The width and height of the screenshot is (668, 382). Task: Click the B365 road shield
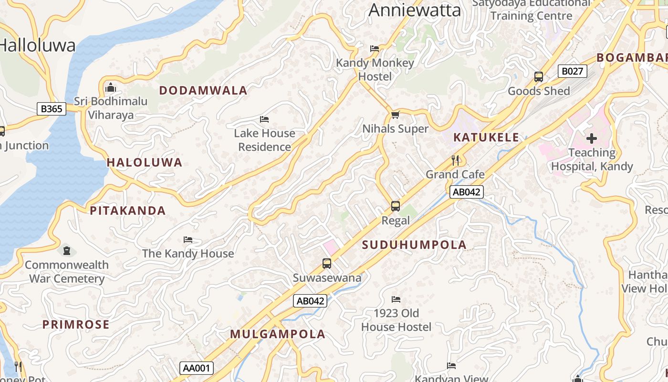[x=51, y=109]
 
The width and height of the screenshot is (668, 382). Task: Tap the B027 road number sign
[x=572, y=72]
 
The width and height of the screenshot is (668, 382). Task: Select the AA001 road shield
[x=197, y=368]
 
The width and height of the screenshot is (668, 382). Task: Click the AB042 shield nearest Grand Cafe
[x=467, y=192]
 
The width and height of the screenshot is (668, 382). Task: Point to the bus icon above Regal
[x=396, y=206]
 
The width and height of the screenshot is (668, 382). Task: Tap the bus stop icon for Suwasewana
[x=327, y=264]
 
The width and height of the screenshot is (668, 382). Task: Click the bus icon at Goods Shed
[x=539, y=77]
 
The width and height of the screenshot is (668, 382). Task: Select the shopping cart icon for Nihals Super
[x=395, y=115]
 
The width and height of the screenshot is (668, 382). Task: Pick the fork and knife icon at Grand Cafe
[x=455, y=160]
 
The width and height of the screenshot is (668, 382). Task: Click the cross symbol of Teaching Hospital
[x=592, y=138]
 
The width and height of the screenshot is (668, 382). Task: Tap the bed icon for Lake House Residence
[x=264, y=119]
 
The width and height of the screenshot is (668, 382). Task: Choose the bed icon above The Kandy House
[x=188, y=239]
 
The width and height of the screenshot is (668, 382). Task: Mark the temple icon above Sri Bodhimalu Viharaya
[x=111, y=87]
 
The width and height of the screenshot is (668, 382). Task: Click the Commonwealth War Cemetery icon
[x=67, y=250]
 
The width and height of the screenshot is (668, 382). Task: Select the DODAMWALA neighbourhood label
[x=203, y=90]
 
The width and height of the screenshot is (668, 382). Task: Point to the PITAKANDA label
[x=128, y=211]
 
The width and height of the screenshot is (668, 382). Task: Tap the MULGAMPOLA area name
[x=278, y=334]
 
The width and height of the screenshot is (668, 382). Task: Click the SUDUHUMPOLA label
[x=414, y=245]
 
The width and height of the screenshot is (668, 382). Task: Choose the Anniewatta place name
[x=415, y=10]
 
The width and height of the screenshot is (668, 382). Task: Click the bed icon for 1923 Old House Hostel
[x=396, y=299]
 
